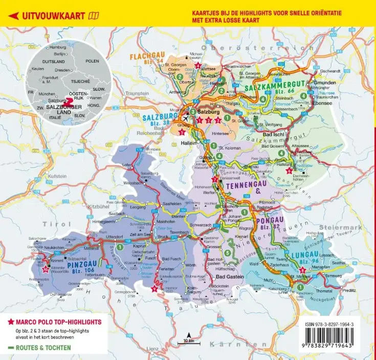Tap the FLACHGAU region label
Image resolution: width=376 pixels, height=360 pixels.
tap(147, 56)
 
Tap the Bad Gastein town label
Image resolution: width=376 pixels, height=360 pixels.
tap(221, 277)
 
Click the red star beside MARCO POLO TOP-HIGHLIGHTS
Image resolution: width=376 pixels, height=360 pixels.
tap(11, 322)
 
